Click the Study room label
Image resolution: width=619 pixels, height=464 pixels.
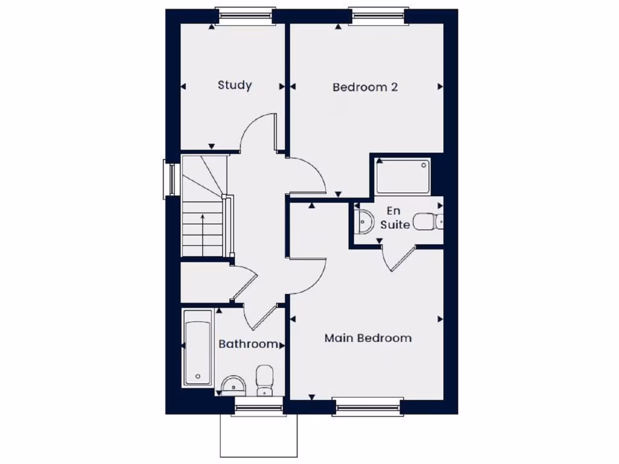tap(235, 85)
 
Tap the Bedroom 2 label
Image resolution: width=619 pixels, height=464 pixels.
tap(365, 87)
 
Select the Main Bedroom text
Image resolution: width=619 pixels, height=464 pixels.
tap(368, 338)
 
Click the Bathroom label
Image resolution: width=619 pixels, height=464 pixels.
tap(248, 344)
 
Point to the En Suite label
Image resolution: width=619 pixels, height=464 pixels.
tap(395, 218)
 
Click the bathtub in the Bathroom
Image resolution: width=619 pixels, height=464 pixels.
tap(198, 348)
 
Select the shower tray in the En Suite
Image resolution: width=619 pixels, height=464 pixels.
tap(403, 176)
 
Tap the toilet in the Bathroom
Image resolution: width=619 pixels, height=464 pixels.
tap(264, 379)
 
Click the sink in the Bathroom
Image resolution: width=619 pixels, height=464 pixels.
tap(233, 384)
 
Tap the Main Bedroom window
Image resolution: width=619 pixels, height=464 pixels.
tap(368, 407)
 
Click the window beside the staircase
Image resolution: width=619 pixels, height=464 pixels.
tap(171, 179)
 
